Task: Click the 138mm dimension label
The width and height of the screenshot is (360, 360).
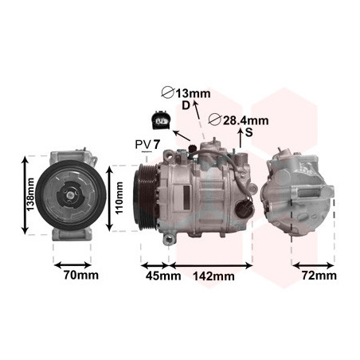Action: click(31, 194)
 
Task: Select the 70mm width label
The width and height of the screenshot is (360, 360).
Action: click(81, 276)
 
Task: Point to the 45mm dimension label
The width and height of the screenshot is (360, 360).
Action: click(163, 276)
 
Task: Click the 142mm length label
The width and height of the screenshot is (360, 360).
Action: click(213, 276)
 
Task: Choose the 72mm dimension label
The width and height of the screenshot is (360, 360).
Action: click(319, 276)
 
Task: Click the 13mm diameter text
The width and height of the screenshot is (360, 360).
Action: click(194, 93)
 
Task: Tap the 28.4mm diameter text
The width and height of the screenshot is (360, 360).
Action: click(245, 121)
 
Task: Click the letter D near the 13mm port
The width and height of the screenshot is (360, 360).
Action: click(186, 106)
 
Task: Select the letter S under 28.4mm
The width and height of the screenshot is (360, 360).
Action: click(249, 132)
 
